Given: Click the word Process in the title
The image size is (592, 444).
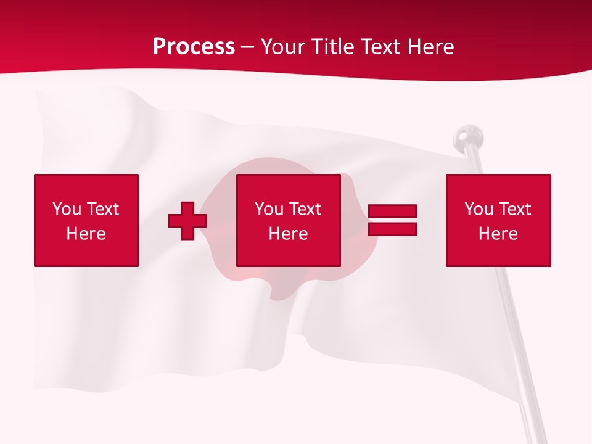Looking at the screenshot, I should point(194,46).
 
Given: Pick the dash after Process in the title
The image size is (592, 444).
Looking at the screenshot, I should point(248,47).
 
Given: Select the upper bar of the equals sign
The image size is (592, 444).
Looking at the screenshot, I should point(392,212).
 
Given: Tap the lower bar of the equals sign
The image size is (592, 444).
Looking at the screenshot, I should point(392,229).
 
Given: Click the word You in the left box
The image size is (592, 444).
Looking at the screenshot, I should point(67,209).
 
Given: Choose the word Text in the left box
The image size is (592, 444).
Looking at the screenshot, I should point(102,209).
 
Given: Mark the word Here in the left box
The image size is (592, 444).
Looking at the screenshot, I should point(86,234).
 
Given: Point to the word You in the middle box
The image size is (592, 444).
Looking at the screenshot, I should point(269,209).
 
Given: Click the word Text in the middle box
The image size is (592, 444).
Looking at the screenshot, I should point(304,209).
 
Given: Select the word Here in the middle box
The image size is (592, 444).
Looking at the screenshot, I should point(288,234).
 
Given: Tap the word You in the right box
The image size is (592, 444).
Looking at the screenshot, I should point(479,209).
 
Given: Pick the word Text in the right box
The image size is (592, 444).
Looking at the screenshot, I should point(514,209).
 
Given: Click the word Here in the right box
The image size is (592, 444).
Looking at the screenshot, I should point(498,234).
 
